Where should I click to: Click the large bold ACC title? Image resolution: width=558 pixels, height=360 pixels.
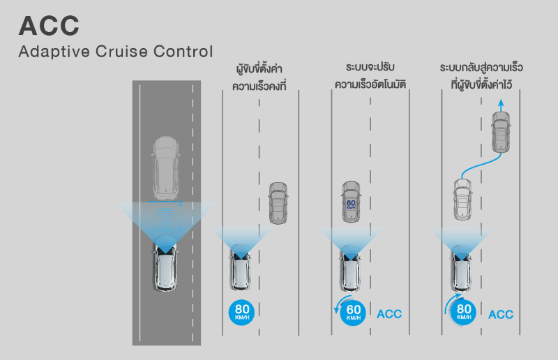coord(49,26)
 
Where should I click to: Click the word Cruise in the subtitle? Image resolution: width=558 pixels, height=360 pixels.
coord(121,51)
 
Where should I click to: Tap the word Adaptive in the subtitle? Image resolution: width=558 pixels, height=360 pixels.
coord(54,52)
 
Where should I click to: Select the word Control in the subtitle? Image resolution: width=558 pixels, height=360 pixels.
coord(183,51)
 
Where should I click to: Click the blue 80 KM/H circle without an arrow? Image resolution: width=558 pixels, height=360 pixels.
coord(242,313)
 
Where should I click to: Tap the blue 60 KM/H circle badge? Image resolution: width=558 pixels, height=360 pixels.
coord(353,313)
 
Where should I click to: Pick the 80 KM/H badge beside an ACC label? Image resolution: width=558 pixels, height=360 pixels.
coord(463,313)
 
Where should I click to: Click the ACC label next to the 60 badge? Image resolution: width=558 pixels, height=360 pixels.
coord(389,314)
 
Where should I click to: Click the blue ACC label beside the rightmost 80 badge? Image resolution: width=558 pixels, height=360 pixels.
coord(501,315)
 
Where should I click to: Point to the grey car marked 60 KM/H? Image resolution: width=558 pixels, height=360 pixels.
coord(351,202)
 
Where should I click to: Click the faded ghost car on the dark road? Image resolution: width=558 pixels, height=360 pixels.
coord(165,168)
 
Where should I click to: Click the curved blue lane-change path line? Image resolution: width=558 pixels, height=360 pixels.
coord(481,165)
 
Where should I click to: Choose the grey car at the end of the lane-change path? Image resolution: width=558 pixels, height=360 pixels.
coord(501,132)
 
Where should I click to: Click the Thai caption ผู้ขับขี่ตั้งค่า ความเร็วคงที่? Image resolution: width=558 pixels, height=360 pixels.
coord(259,77)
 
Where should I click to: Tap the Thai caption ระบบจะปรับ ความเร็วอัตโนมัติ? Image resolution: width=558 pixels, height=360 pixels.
coord(370,76)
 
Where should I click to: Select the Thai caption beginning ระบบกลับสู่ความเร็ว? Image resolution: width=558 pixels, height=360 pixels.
coord(481,76)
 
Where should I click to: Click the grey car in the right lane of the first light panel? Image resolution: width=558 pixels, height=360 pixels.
coord(278,203)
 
